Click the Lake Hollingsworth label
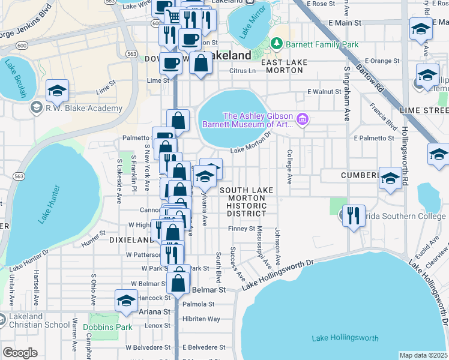(x=345, y=338)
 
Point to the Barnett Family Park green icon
(x=276, y=44)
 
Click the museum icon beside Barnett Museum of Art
(x=302, y=120)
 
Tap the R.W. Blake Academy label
(x=82, y=109)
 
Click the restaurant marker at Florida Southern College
(x=354, y=214)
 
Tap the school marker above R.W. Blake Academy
(x=57, y=90)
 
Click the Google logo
(x=20, y=353)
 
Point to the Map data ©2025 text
(x=423, y=355)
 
